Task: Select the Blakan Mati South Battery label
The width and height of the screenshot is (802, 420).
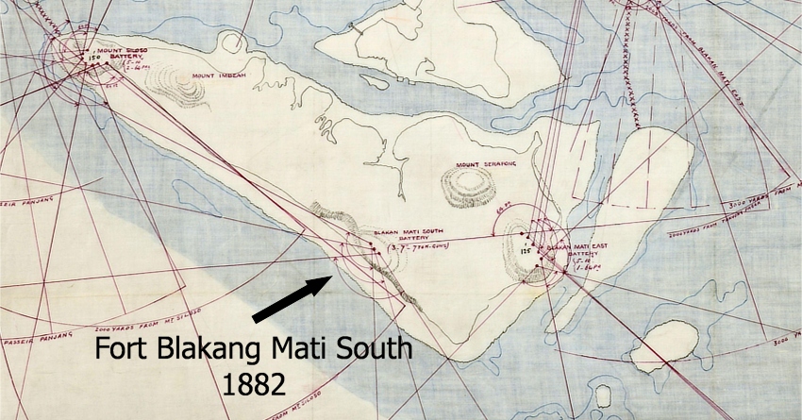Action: [409, 235]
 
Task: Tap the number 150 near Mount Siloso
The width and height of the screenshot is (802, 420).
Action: [93, 57]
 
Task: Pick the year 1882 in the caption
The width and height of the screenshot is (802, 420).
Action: [254, 382]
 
